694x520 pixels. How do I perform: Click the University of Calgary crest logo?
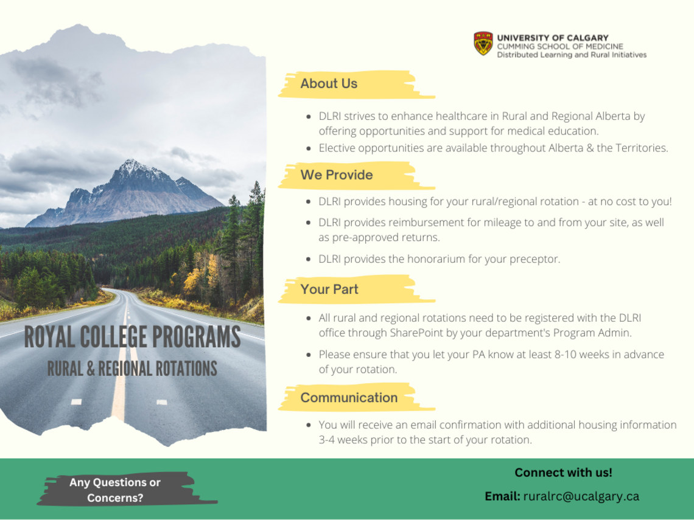pos(482,44)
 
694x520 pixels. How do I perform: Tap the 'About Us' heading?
pos(329,84)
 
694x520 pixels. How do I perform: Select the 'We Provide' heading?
pos(336,175)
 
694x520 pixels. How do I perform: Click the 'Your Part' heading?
pos(329,289)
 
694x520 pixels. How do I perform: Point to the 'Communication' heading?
pos(349,398)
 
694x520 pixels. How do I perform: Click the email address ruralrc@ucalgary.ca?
pos(581,496)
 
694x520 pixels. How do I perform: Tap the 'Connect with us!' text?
pos(563,472)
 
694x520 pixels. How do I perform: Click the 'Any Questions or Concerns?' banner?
pos(115,490)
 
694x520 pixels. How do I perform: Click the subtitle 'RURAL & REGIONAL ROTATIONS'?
pos(132,369)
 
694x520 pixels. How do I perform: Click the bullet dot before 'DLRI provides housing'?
pos(310,202)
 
